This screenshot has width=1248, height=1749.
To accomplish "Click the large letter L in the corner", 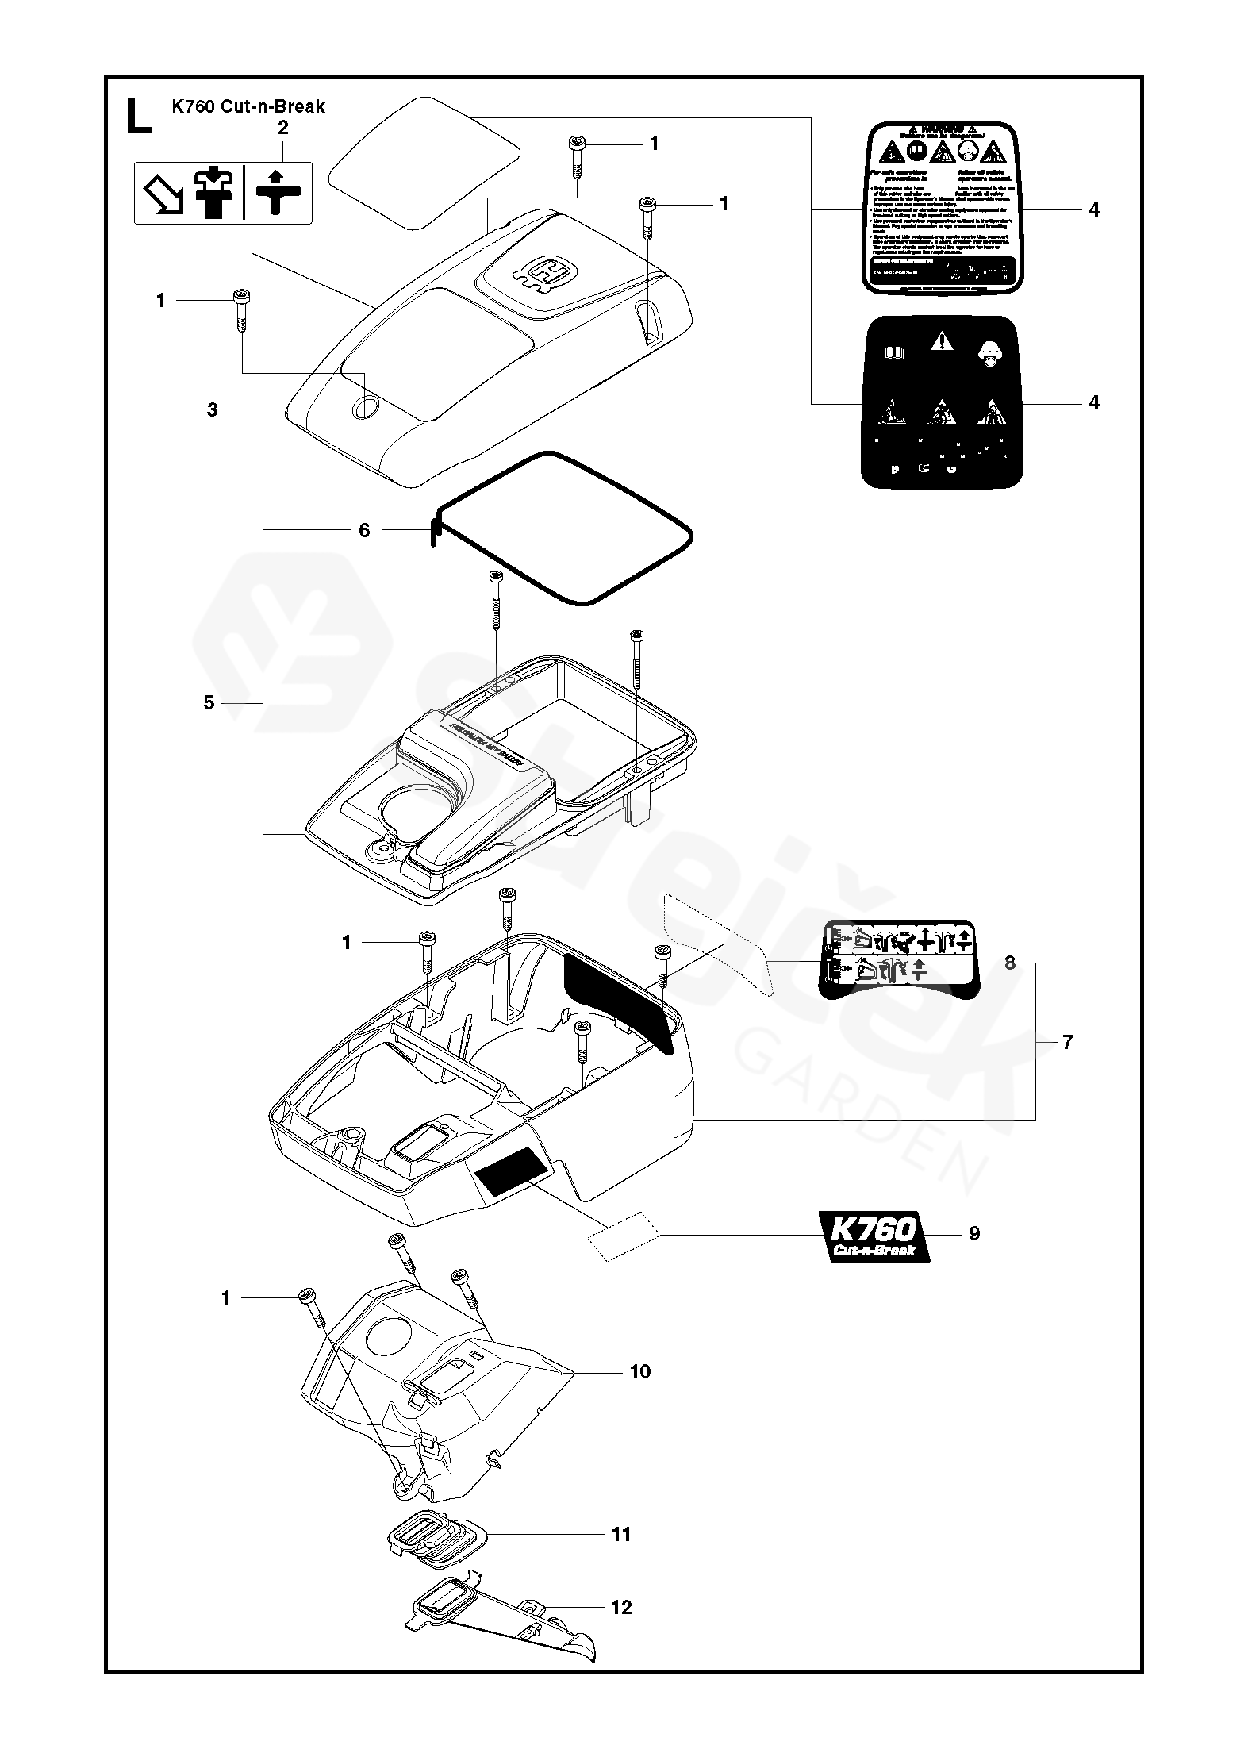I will point(138,115).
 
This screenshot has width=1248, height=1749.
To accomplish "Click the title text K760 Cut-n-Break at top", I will point(248,106).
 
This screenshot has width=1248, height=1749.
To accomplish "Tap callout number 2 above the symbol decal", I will point(283,127).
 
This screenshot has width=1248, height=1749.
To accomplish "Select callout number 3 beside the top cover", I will point(212,409).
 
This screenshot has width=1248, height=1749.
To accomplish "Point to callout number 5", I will point(209,703).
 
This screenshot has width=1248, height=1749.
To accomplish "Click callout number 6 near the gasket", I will point(364,530).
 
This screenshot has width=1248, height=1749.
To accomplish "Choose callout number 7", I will point(1067,1042).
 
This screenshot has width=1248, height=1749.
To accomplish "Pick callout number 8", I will point(1010,963).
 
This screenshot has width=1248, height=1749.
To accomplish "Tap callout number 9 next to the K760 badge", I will point(974,1255).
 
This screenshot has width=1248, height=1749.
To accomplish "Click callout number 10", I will point(639,1371).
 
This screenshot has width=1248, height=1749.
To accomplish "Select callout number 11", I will point(621,1535).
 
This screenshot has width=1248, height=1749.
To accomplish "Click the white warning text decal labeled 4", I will point(941,209).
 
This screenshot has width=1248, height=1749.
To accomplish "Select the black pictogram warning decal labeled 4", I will point(942,402).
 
